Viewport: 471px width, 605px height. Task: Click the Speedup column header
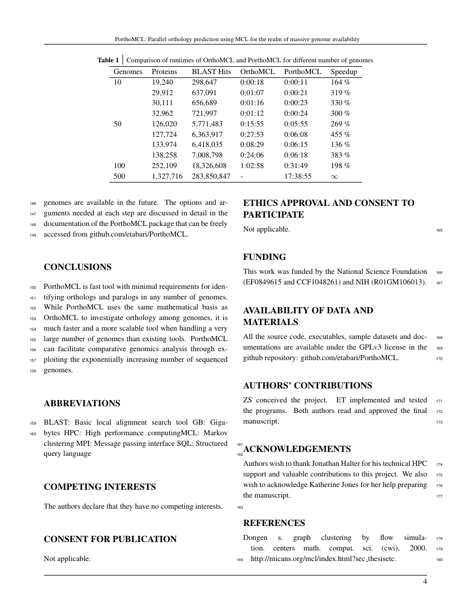tap(344, 72)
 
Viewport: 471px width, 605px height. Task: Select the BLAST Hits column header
tap(211, 72)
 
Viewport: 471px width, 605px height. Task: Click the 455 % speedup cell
tap(340, 134)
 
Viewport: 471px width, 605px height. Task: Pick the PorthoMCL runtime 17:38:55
tap(298, 176)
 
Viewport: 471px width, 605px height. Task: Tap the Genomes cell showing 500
tap(120, 176)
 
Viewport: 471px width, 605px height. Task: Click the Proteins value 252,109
tap(164, 165)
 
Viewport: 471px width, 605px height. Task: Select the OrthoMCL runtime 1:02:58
tap(254, 165)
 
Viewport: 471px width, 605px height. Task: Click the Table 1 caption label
tap(108, 60)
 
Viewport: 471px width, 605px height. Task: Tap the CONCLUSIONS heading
tap(77, 267)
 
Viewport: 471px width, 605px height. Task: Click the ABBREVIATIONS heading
tap(81, 403)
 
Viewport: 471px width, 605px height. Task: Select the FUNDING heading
tap(264, 257)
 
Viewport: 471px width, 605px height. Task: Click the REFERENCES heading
tap(274, 523)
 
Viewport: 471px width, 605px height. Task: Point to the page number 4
tap(425, 582)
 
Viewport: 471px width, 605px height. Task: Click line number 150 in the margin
tap(32, 288)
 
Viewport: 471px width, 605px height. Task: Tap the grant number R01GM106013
tap(400, 283)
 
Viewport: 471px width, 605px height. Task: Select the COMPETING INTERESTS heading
tap(100, 487)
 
